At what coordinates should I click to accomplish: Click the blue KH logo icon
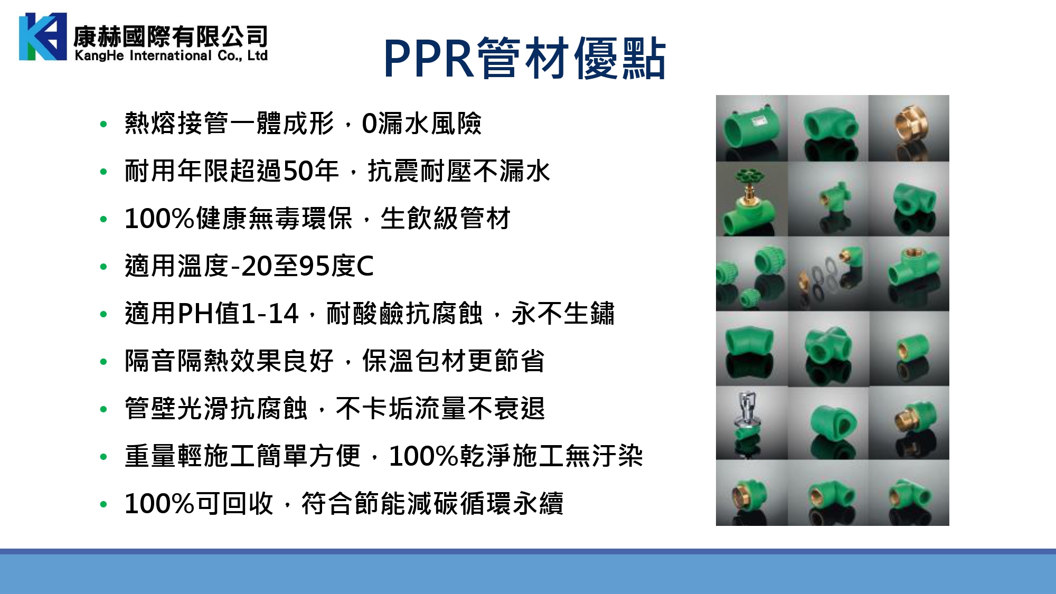point(43,36)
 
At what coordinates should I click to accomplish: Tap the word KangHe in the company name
point(99,55)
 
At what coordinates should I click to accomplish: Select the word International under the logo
point(171,55)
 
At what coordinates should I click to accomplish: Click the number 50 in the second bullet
point(298,171)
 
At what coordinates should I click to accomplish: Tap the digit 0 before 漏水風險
point(369,124)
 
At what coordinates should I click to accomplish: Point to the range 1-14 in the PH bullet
point(270,313)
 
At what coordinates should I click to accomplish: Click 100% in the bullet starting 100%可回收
point(159,503)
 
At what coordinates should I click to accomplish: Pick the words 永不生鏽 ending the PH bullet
point(563,313)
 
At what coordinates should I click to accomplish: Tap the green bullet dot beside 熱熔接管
point(103,125)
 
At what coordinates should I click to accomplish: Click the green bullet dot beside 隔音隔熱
point(103,362)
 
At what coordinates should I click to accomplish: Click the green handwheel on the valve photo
point(746,176)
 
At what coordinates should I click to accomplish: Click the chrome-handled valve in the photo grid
point(746,411)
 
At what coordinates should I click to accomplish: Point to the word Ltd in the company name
point(257,55)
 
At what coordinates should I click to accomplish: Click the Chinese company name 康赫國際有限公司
point(171,36)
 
